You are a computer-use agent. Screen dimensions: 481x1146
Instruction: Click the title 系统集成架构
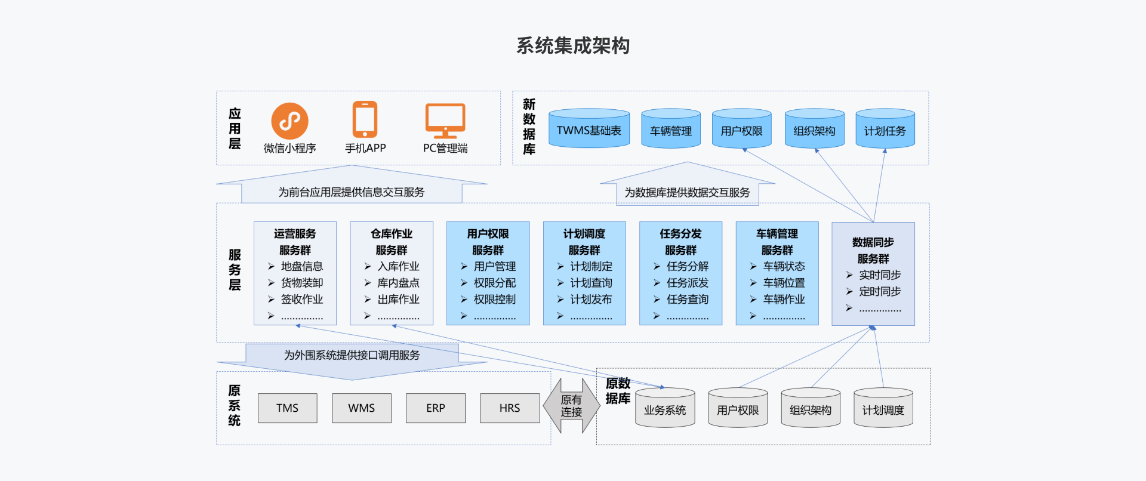tap(573, 46)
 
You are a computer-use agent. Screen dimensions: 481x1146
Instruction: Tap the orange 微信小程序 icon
tap(289, 121)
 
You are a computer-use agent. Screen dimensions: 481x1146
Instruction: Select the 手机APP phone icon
tap(365, 119)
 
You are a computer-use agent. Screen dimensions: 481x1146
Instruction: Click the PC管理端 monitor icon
tap(445, 121)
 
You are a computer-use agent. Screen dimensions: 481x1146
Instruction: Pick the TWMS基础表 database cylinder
tap(589, 129)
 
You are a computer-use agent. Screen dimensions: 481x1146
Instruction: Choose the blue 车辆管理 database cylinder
tap(671, 129)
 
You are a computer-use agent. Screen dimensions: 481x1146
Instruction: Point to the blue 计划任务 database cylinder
tap(885, 129)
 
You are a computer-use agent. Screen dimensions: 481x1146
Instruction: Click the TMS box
tap(287, 408)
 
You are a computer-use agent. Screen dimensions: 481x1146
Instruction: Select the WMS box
tap(362, 408)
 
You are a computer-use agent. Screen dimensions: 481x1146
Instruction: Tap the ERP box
tap(436, 408)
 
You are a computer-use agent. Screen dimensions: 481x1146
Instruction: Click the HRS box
tap(510, 408)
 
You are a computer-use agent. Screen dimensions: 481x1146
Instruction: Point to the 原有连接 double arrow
tap(571, 406)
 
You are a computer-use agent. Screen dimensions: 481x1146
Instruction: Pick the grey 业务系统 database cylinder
tap(665, 408)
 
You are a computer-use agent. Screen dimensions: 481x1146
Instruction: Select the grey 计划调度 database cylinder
tap(883, 408)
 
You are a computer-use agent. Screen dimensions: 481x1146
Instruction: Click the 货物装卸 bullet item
tap(301, 283)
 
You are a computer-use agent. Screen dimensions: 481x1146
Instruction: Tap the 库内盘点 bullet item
tap(398, 283)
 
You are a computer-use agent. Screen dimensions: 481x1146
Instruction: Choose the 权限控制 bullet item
tap(494, 300)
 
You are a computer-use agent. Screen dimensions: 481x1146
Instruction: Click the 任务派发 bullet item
tap(688, 283)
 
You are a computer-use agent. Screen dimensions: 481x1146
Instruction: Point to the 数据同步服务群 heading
tap(873, 251)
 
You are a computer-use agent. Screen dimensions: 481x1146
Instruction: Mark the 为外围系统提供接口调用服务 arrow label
tap(352, 356)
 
